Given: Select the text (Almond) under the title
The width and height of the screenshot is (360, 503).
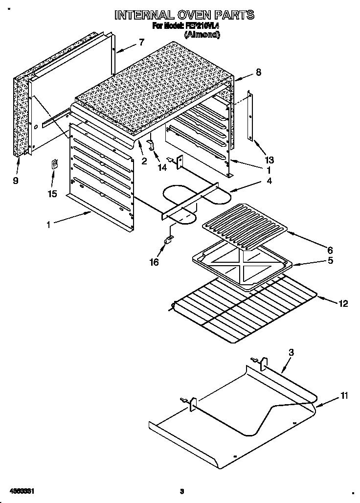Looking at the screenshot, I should (x=202, y=35).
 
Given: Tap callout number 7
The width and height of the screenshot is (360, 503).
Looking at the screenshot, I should (x=142, y=42).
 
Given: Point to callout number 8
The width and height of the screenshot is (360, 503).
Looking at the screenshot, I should (x=259, y=72).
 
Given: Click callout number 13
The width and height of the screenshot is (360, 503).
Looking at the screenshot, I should (x=270, y=160).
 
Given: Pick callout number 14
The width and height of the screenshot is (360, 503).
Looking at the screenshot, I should (x=162, y=167).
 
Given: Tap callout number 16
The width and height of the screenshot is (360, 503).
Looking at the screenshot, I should (x=154, y=262).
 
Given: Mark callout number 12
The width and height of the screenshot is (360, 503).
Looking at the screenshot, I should (x=343, y=303).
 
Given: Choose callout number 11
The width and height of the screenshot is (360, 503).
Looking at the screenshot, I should (x=344, y=396).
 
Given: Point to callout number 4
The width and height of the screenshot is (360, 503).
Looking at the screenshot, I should (x=269, y=181).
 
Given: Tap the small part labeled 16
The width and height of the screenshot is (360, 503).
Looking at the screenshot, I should (x=169, y=240).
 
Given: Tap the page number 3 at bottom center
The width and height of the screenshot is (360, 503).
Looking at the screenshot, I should (x=181, y=491).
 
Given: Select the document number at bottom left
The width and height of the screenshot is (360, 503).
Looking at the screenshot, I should (x=22, y=491).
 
